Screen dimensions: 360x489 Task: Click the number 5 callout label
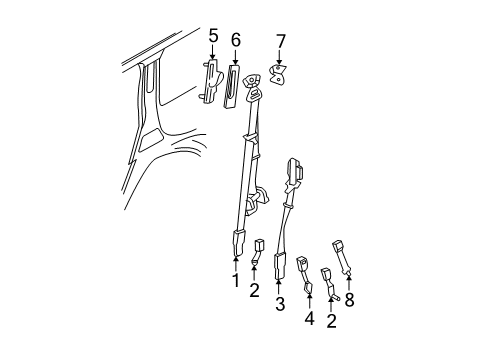tap(213, 37)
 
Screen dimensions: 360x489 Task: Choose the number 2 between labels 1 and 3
tap(254, 291)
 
